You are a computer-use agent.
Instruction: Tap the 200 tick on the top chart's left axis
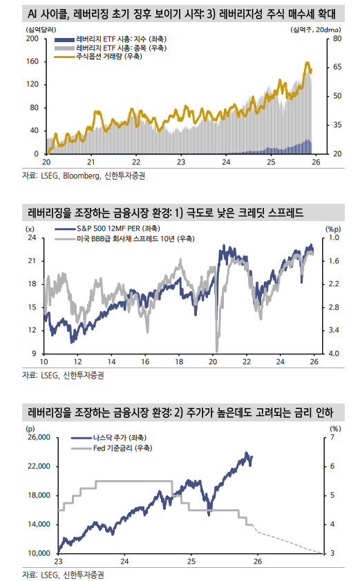click(31, 39)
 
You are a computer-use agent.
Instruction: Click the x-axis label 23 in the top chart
click(181, 162)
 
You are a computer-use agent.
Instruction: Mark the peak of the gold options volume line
click(307, 63)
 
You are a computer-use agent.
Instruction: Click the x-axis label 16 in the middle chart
click(145, 362)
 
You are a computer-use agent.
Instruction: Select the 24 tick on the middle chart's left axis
click(31, 238)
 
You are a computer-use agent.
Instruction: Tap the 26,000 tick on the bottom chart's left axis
click(28, 438)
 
